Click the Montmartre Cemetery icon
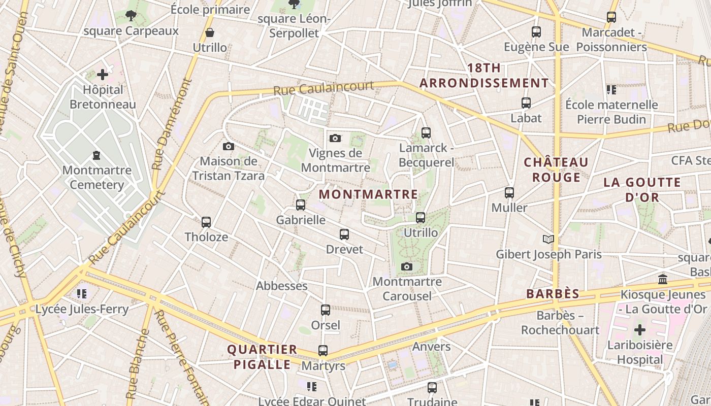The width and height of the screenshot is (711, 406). point(96,155)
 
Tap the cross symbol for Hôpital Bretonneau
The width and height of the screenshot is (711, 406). point(103,75)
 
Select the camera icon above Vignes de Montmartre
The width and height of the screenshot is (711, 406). point(335,138)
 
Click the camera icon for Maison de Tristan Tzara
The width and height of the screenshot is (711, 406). point(229,146)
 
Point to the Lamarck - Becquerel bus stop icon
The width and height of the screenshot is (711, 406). point(426,133)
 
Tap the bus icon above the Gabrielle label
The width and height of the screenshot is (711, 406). point(301,205)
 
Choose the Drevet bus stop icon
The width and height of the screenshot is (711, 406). point(344,234)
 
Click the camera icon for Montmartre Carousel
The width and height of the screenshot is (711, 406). point(407,266)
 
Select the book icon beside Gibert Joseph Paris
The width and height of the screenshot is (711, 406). point(548,239)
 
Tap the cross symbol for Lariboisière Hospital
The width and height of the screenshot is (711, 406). point(640,330)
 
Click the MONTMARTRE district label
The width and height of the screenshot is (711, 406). point(369,194)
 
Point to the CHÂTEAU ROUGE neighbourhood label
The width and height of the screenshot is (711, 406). point(556,170)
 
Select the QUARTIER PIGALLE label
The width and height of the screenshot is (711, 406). point(262,357)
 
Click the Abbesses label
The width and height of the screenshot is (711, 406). point(282,286)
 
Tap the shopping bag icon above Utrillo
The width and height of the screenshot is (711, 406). point(210,33)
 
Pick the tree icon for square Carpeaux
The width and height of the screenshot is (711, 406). point(131,16)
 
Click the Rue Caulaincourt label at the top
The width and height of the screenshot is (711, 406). point(324,88)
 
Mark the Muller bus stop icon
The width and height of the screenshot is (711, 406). point(509,193)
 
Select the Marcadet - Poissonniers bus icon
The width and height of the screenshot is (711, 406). point(611,17)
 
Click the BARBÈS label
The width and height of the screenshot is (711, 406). point(553,294)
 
